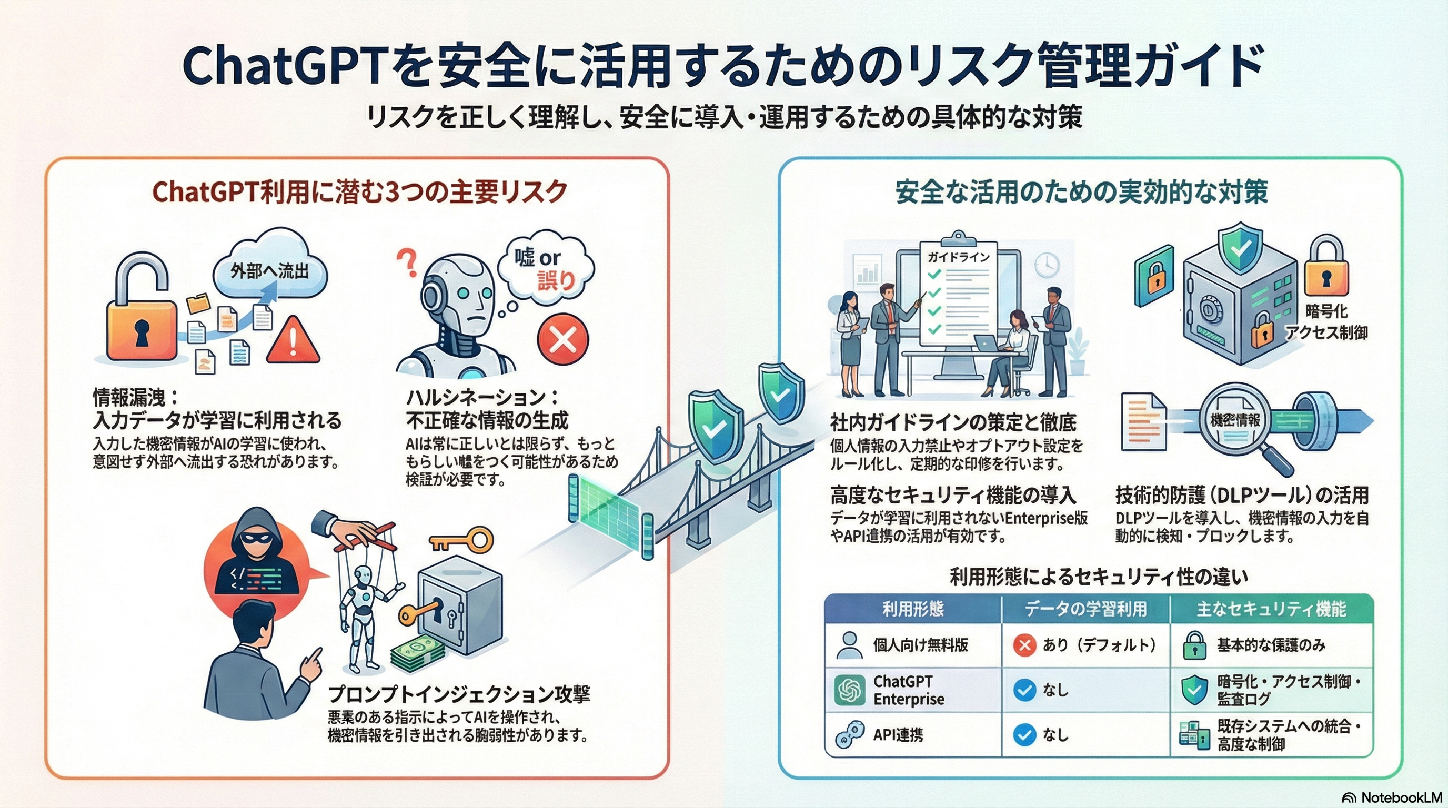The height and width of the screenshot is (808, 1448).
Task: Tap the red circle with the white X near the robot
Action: (562, 339)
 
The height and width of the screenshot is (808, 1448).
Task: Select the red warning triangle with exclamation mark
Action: (293, 339)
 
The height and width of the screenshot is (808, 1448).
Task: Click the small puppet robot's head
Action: (364, 577)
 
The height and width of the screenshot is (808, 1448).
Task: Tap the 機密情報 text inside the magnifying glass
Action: (1234, 420)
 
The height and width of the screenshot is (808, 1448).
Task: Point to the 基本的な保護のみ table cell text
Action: (1270, 645)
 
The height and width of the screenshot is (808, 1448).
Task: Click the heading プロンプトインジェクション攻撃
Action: (459, 694)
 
